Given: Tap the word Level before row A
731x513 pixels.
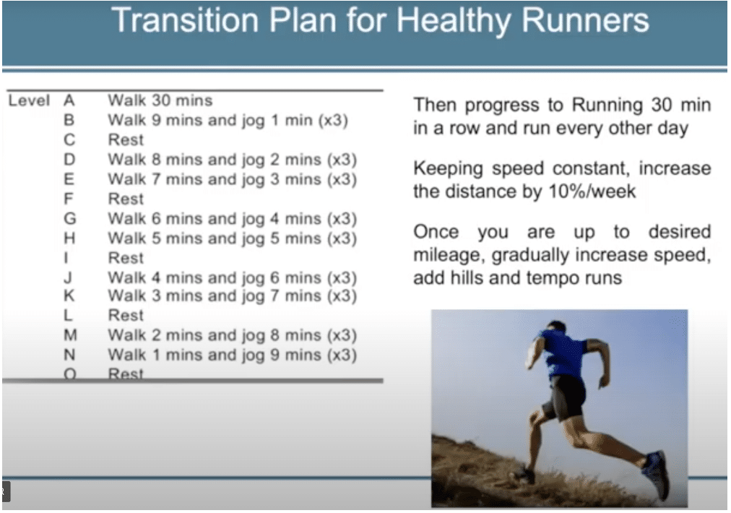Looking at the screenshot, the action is pos(29,100).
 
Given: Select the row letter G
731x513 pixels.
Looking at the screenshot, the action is pos(70,218).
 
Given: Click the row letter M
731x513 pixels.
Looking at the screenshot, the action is pos(70,335).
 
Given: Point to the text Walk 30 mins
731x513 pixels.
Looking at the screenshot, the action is pos(160,100).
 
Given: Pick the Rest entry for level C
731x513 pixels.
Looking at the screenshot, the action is pos(126,139).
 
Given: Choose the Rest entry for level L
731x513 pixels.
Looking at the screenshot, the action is pos(126,315).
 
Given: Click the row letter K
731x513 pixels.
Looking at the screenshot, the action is pos(69,296).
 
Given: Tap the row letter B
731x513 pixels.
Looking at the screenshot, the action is pos(69,120).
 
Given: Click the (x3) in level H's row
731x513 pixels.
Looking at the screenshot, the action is pos(342,238).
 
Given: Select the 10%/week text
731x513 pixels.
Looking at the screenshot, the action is pos(592,191).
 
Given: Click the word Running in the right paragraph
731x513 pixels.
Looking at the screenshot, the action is pos(607,105).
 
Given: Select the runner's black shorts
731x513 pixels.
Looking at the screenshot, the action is pos(566,397).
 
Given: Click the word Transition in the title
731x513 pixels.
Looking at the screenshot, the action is pos(185,20).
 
